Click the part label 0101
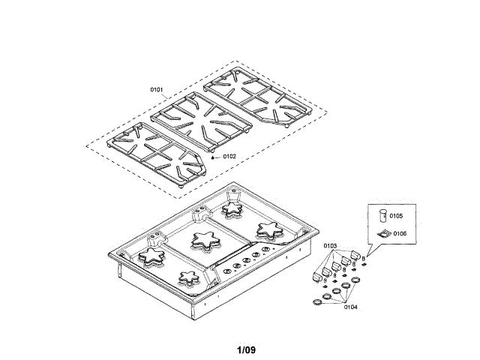pos(157,90)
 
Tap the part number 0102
pos(229,157)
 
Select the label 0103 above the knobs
pos(330,246)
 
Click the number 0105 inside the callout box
pos(396,216)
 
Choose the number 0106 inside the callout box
pos(399,234)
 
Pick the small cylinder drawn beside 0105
pos(382,215)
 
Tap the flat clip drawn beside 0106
pos(382,234)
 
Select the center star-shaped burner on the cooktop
pos(204,240)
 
